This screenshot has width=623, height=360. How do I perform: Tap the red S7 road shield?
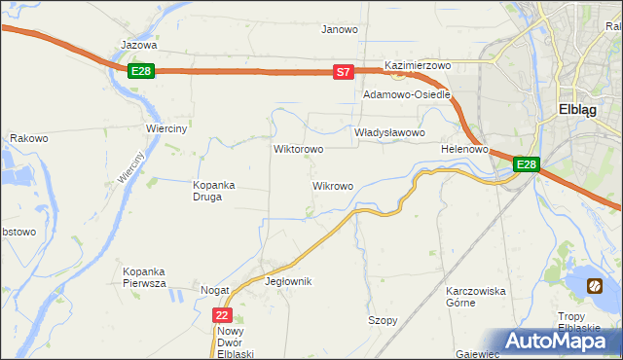342,72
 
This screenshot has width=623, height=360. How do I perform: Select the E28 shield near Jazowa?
141,71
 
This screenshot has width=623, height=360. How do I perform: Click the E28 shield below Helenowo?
526,164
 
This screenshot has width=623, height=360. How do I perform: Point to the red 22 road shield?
223,315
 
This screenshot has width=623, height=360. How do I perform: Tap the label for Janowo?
340,29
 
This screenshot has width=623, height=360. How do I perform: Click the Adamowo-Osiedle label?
406,95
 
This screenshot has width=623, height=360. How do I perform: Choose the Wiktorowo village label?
298,150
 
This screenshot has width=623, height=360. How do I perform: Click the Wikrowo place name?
332,185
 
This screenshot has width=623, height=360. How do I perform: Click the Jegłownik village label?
288,281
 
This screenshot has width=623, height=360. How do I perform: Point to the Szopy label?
383,320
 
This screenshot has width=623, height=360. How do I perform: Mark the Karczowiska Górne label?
474,297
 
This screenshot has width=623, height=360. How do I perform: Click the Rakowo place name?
29,139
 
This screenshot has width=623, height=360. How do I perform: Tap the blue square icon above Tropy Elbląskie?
595,286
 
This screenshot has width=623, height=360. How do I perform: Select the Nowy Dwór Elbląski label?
235,342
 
